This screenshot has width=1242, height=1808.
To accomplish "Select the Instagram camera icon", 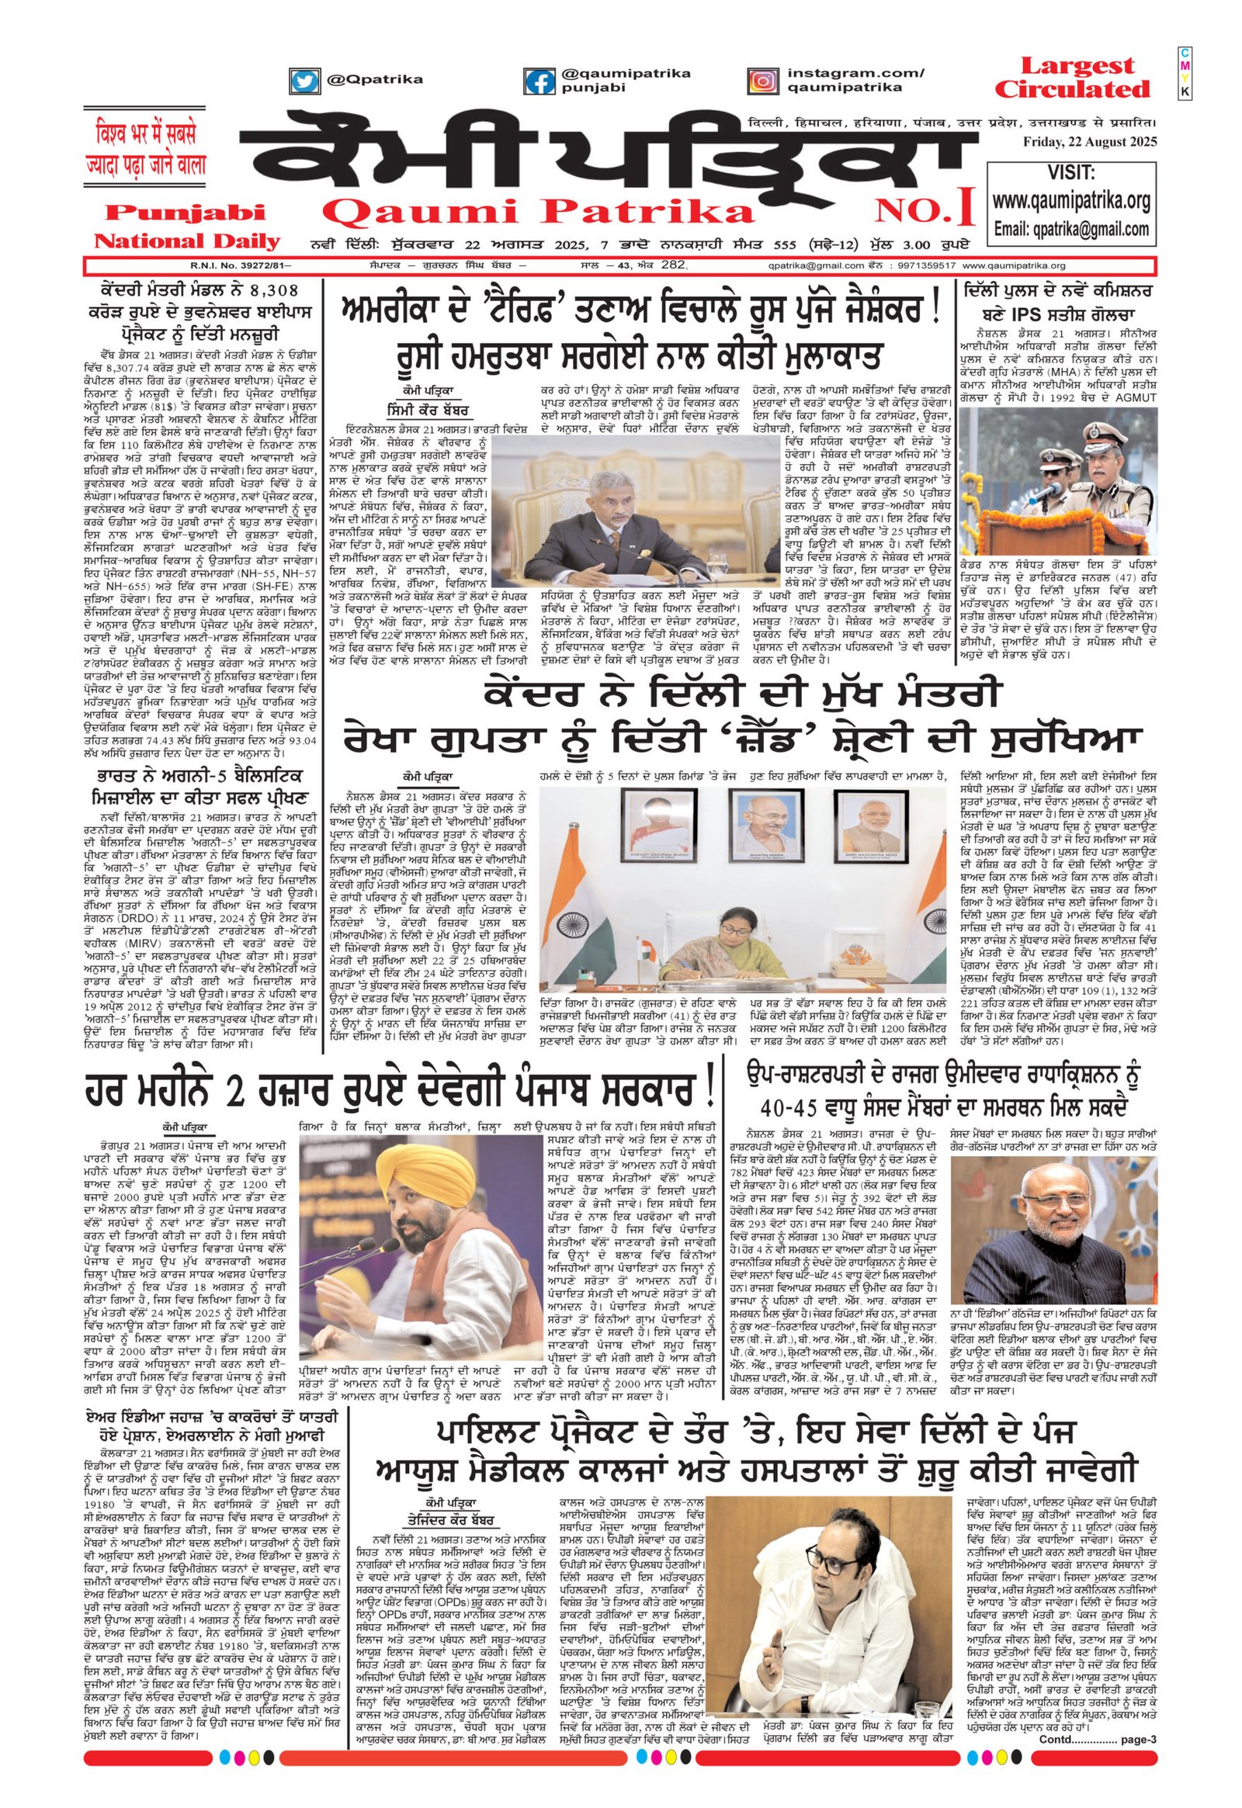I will pos(763,81).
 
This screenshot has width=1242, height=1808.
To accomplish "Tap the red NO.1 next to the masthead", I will pos(925,210).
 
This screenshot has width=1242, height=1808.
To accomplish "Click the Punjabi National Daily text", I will pos(180,226).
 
